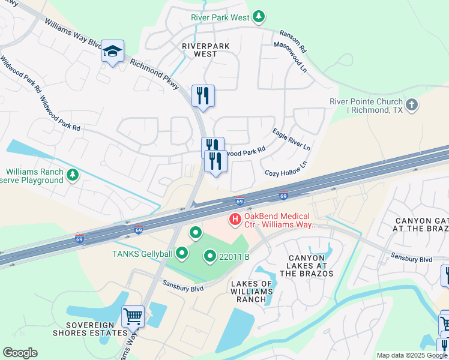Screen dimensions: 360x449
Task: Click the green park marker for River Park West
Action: pyautogui.click(x=258, y=17)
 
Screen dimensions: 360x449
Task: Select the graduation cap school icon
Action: pyautogui.click(x=112, y=52)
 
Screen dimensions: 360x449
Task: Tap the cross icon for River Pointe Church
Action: pyautogui.click(x=411, y=106)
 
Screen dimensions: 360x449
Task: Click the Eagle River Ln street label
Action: pyautogui.click(x=291, y=139)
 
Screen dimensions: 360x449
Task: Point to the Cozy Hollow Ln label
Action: pyautogui.click(x=286, y=169)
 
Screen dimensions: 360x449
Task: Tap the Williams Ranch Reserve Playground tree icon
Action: pyautogui.click(x=73, y=175)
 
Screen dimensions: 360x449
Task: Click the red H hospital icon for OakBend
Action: pyautogui.click(x=235, y=220)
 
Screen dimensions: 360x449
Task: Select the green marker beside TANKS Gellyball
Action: pyautogui.click(x=180, y=253)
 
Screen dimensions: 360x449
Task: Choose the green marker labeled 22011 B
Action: pyautogui.click(x=210, y=256)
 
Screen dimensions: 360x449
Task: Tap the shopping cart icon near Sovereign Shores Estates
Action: pyautogui.click(x=133, y=315)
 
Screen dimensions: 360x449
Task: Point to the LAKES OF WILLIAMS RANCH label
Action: pyautogui.click(x=251, y=292)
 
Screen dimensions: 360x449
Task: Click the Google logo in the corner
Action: pyautogui.click(x=20, y=353)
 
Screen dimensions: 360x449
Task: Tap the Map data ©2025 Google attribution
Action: pyautogui.click(x=411, y=355)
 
